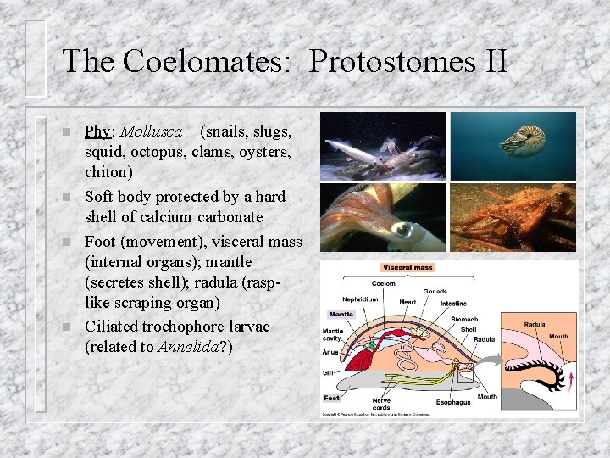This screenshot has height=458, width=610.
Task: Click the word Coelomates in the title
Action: (x=209, y=61)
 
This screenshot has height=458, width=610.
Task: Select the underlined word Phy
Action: (x=97, y=131)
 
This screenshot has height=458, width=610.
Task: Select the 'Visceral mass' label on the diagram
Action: (x=407, y=268)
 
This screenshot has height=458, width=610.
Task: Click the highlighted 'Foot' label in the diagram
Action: (x=332, y=398)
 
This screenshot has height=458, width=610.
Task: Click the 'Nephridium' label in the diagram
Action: (x=361, y=299)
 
